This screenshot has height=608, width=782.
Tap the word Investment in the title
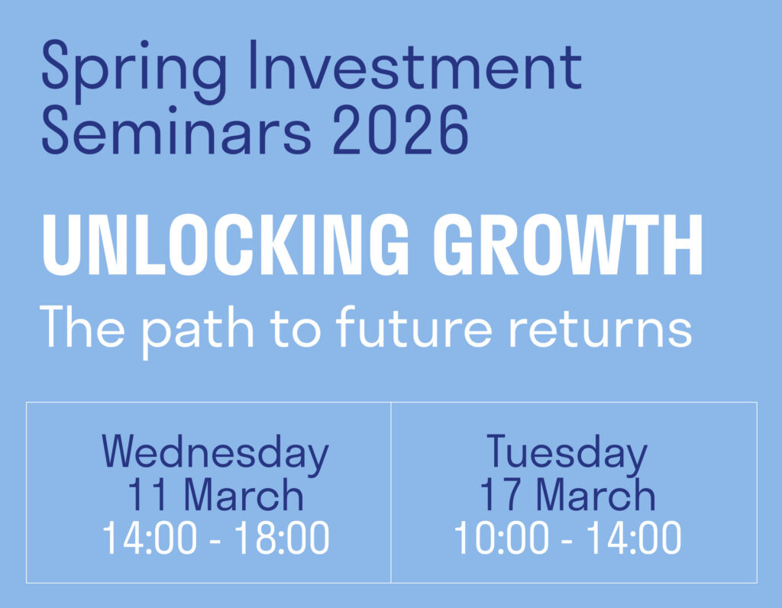415,66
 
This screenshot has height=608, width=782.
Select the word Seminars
176,129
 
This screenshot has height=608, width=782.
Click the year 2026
400,130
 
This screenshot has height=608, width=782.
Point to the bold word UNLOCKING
225,245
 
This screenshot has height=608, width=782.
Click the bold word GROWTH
568,245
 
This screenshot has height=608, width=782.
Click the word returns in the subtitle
600,328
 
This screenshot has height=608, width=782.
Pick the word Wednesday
215,454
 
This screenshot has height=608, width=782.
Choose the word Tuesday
567,454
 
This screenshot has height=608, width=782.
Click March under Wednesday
244,494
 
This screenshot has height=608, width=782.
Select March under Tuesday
596,494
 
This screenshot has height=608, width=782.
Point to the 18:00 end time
282,538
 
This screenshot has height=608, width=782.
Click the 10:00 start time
501,538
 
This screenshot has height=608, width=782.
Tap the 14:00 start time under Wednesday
150,538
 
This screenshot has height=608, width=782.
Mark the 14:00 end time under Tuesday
633,538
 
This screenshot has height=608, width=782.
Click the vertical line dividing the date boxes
391,493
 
